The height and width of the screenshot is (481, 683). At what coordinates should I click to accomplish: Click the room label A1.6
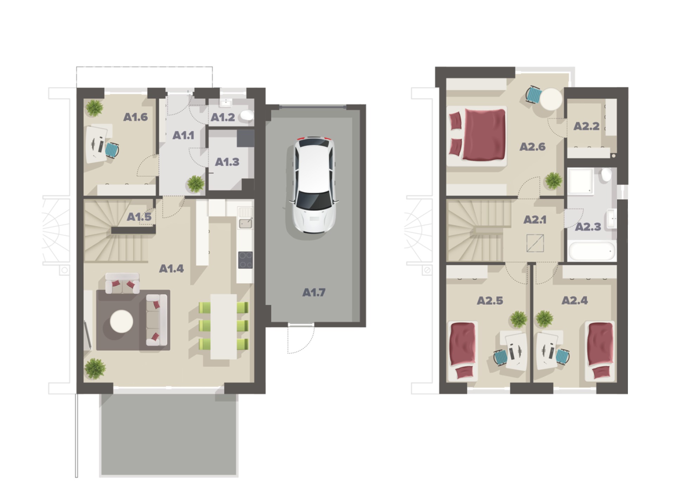[135, 117]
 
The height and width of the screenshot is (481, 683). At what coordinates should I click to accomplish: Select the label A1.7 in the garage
[314, 292]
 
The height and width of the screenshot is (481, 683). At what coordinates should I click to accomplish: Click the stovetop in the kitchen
[245, 260]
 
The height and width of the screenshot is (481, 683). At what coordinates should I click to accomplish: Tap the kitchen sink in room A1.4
[245, 223]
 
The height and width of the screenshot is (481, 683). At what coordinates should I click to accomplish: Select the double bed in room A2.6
[478, 136]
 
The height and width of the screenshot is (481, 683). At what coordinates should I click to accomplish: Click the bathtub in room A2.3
[592, 250]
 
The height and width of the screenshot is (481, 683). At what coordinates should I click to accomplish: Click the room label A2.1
[535, 220]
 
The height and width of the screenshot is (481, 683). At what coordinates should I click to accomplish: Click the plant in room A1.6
[94, 108]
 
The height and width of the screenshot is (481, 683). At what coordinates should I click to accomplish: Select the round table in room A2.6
[551, 99]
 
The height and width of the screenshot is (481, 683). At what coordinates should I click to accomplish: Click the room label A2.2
[586, 126]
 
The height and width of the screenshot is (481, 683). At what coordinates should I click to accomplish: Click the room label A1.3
[227, 162]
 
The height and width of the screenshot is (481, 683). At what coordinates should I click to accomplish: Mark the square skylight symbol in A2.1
[535, 243]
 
